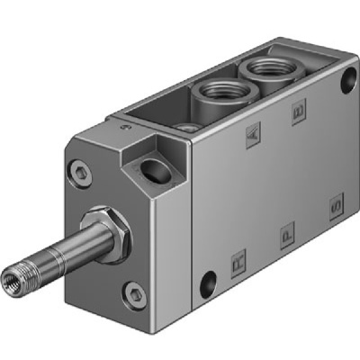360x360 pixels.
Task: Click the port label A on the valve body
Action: point(256,136)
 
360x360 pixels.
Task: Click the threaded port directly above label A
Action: point(215,89)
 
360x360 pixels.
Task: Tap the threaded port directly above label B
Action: point(261,68)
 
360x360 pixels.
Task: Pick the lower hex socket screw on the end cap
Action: point(134,290)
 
